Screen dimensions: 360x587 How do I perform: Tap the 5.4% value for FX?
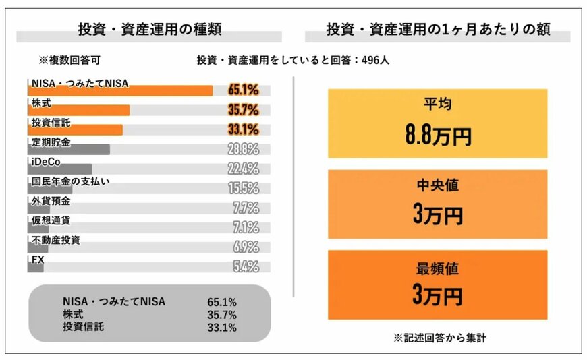(x=246, y=266)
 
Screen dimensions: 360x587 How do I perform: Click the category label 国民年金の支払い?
(x=70, y=181)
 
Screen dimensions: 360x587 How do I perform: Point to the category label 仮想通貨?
(x=51, y=220)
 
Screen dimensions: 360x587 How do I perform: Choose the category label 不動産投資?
(x=55, y=239)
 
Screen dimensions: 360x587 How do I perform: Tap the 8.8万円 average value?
(x=437, y=136)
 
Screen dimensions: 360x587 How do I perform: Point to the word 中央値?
(x=437, y=185)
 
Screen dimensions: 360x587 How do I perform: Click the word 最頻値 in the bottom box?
(x=437, y=268)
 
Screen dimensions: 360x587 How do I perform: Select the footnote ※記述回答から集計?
(x=438, y=338)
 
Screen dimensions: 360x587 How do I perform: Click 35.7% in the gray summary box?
(x=222, y=314)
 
